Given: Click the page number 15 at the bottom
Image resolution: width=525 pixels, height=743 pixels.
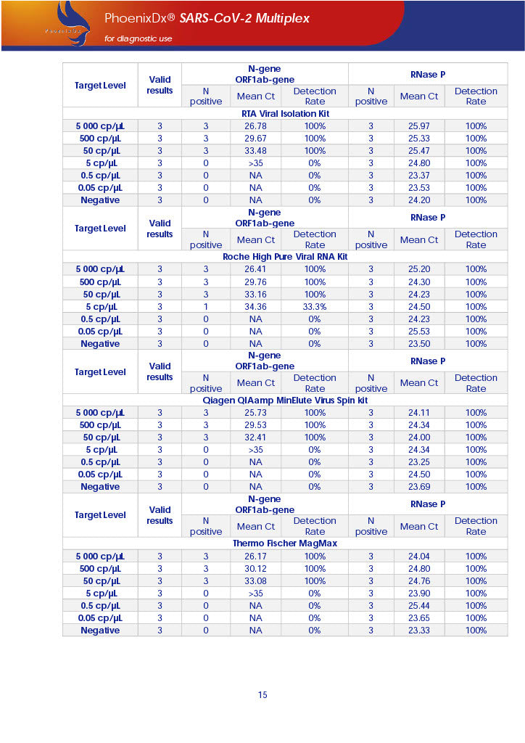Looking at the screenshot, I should point(262,695).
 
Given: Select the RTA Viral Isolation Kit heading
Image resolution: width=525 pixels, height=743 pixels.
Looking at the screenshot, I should point(285,114).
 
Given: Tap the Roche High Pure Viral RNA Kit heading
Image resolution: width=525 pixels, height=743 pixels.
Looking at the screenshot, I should point(285,257).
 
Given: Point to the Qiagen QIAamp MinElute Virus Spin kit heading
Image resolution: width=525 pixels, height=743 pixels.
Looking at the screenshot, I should point(285,400).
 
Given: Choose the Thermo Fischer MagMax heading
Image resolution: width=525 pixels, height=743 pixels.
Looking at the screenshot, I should point(285,543).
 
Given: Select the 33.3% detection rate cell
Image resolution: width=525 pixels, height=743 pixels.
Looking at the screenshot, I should point(315,307).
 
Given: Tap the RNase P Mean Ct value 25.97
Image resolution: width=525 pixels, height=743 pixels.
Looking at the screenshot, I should point(418,126).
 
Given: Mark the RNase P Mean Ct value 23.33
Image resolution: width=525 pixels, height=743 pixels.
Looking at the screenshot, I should point(418,631).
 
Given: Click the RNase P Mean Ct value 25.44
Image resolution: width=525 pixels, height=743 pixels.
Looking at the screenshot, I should point(418,606).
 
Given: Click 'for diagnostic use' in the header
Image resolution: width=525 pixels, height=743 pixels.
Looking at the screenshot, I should point(139,38).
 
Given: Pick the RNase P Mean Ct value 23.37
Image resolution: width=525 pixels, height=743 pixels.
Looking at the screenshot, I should point(418,176).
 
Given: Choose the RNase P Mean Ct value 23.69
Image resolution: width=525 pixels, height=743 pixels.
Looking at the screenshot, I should point(418,487).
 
